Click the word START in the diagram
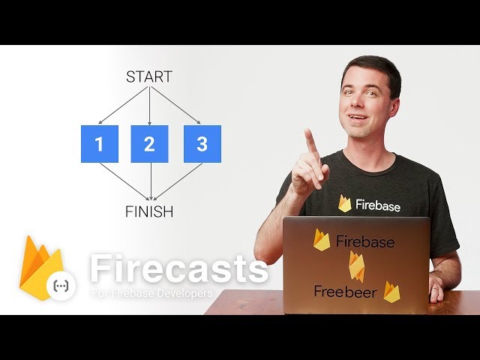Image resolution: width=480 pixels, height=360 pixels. click(149, 76)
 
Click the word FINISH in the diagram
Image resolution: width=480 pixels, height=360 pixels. click(149, 211)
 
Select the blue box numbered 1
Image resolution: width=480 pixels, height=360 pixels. click(100, 144)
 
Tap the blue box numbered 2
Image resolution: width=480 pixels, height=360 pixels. click(149, 144)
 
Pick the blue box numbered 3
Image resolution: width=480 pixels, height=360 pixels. click(202, 144)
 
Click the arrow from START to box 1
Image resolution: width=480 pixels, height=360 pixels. click(123, 105)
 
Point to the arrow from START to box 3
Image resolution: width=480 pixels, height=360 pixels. click(175, 105)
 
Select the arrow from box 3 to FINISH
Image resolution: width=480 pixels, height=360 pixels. click(178, 181)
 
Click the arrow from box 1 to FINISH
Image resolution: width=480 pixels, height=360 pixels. click(124, 181)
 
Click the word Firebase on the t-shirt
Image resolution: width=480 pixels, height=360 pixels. click(378, 205)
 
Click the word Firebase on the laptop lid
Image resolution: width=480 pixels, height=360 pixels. click(365, 241)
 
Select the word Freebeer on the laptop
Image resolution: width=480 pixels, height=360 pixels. click(345, 292)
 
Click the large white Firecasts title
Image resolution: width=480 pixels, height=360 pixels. click(179, 268)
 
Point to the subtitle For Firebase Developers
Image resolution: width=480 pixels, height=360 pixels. click(152, 293)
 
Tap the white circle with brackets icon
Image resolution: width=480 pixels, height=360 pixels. click(61, 285)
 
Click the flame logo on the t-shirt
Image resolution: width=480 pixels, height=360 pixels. click(345, 203)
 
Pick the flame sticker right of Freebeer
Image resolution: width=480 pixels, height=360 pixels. click(391, 292)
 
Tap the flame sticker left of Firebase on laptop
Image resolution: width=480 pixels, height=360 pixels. click(321, 240)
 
